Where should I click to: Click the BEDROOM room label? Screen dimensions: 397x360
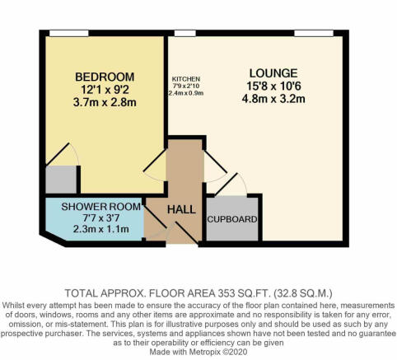point(105,77)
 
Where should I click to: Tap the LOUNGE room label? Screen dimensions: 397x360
point(273,73)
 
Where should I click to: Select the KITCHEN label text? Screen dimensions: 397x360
point(186,79)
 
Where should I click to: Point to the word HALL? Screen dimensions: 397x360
point(181,210)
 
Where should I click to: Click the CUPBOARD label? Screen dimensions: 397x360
point(232,219)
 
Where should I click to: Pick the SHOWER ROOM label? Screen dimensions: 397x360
point(101,207)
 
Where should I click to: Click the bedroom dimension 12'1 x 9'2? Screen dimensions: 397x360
point(105,90)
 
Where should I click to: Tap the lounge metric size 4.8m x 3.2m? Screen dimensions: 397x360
point(273,99)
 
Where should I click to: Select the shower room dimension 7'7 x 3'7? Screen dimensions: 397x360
point(101,218)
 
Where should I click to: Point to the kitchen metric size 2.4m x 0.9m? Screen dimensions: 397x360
point(186,93)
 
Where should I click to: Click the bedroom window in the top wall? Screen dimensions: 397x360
point(69,33)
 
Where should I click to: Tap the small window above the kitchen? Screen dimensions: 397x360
point(185,33)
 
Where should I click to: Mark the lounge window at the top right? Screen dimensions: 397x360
point(314,33)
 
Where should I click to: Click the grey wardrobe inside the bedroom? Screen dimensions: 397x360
point(61,180)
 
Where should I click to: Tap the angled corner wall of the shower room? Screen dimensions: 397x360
point(53,239)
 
